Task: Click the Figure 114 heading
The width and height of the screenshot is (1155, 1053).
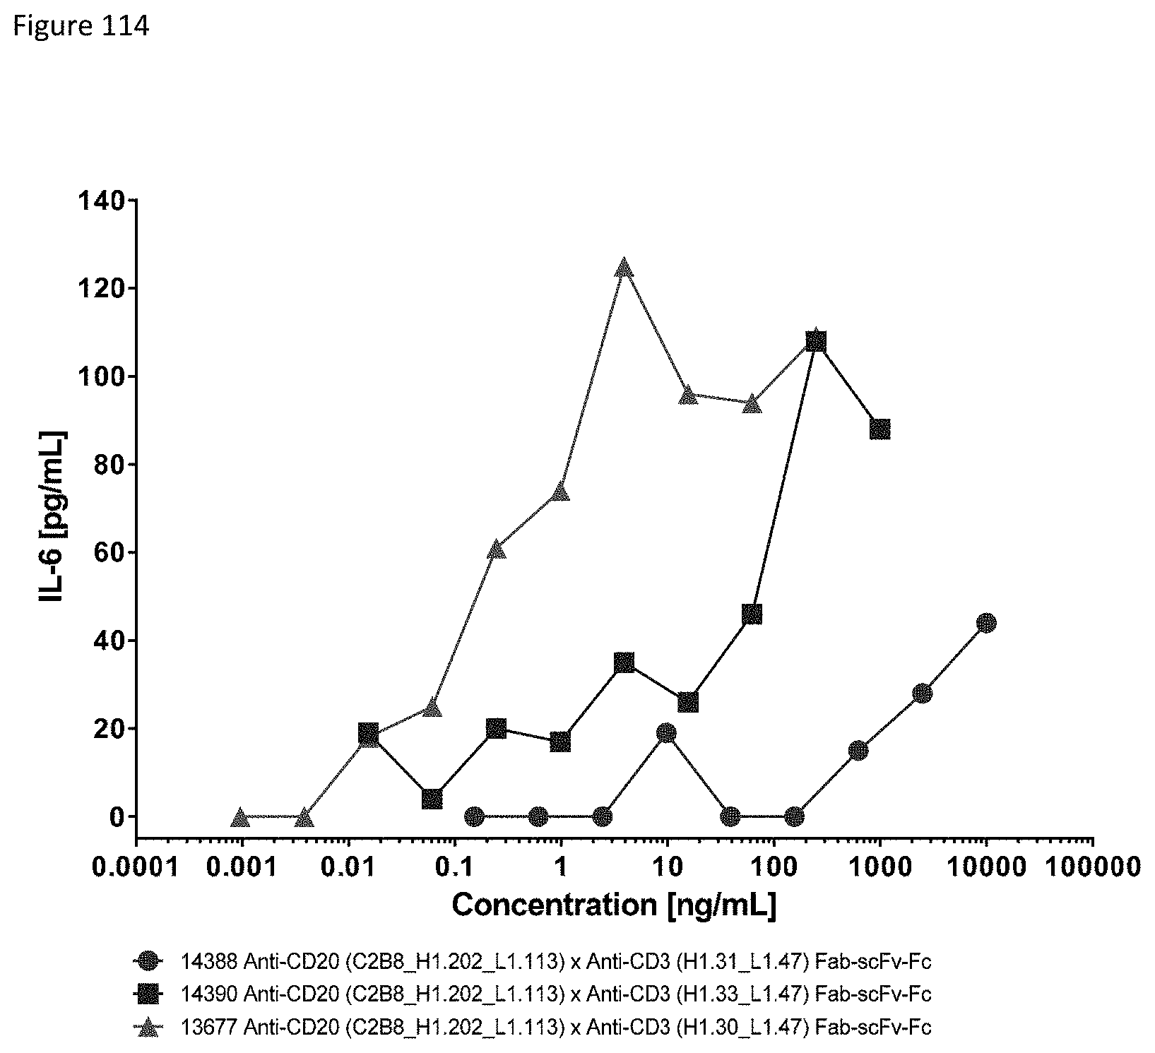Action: tap(81, 27)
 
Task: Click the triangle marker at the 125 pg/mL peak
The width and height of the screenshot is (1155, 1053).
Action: tap(623, 268)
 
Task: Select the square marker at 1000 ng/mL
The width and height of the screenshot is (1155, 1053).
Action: tap(879, 429)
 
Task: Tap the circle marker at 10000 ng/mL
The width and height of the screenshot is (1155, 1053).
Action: tap(986, 623)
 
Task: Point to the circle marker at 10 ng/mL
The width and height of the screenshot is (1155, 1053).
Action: tap(666, 733)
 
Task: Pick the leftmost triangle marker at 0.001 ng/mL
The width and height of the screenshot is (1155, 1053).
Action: tap(241, 818)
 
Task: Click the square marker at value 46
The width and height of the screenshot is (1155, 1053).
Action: tap(752, 614)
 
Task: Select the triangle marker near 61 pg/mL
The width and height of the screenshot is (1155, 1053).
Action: tap(496, 549)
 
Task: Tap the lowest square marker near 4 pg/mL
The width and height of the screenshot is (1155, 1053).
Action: tap(432, 799)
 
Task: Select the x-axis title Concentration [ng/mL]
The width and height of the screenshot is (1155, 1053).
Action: tap(614, 905)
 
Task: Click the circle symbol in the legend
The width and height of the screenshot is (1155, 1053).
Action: tap(148, 961)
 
